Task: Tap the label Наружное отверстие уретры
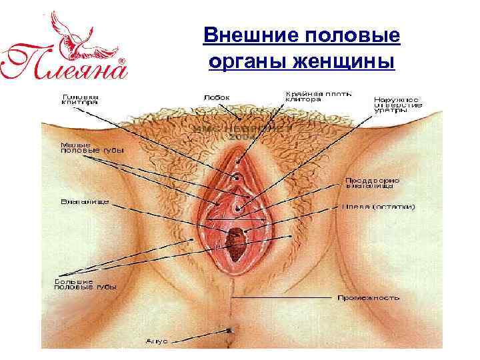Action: [397, 104]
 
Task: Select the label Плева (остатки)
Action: [378, 206]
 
